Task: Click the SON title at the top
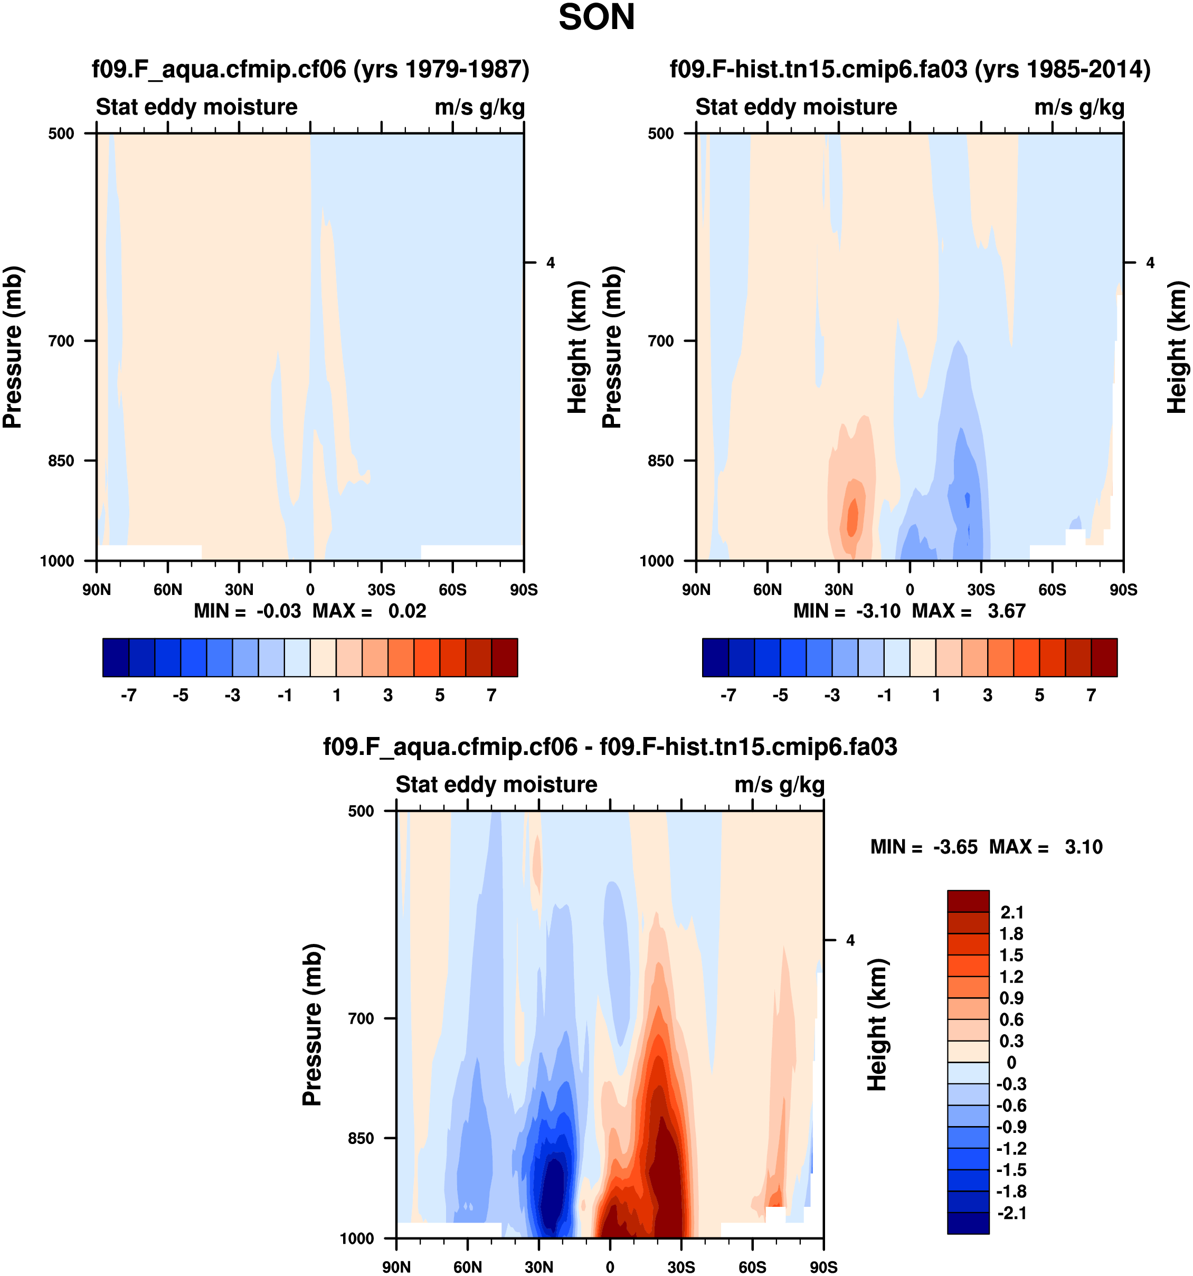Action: (596, 17)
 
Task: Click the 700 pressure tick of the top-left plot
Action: (62, 341)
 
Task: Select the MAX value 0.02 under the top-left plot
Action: (407, 611)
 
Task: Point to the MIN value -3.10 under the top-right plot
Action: (878, 611)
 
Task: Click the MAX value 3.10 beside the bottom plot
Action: (1083, 847)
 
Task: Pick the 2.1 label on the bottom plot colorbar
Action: (1012, 912)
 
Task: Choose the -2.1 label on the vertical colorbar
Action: (1011, 1213)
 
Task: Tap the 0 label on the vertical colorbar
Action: (1011, 1062)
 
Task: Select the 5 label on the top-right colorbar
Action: (1039, 695)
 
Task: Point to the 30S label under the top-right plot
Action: (981, 590)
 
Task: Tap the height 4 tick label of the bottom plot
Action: (850, 941)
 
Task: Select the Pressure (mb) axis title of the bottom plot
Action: (312, 1025)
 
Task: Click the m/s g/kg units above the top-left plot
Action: (479, 107)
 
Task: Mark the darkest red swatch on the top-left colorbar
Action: (505, 657)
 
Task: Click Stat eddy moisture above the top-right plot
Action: (796, 107)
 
